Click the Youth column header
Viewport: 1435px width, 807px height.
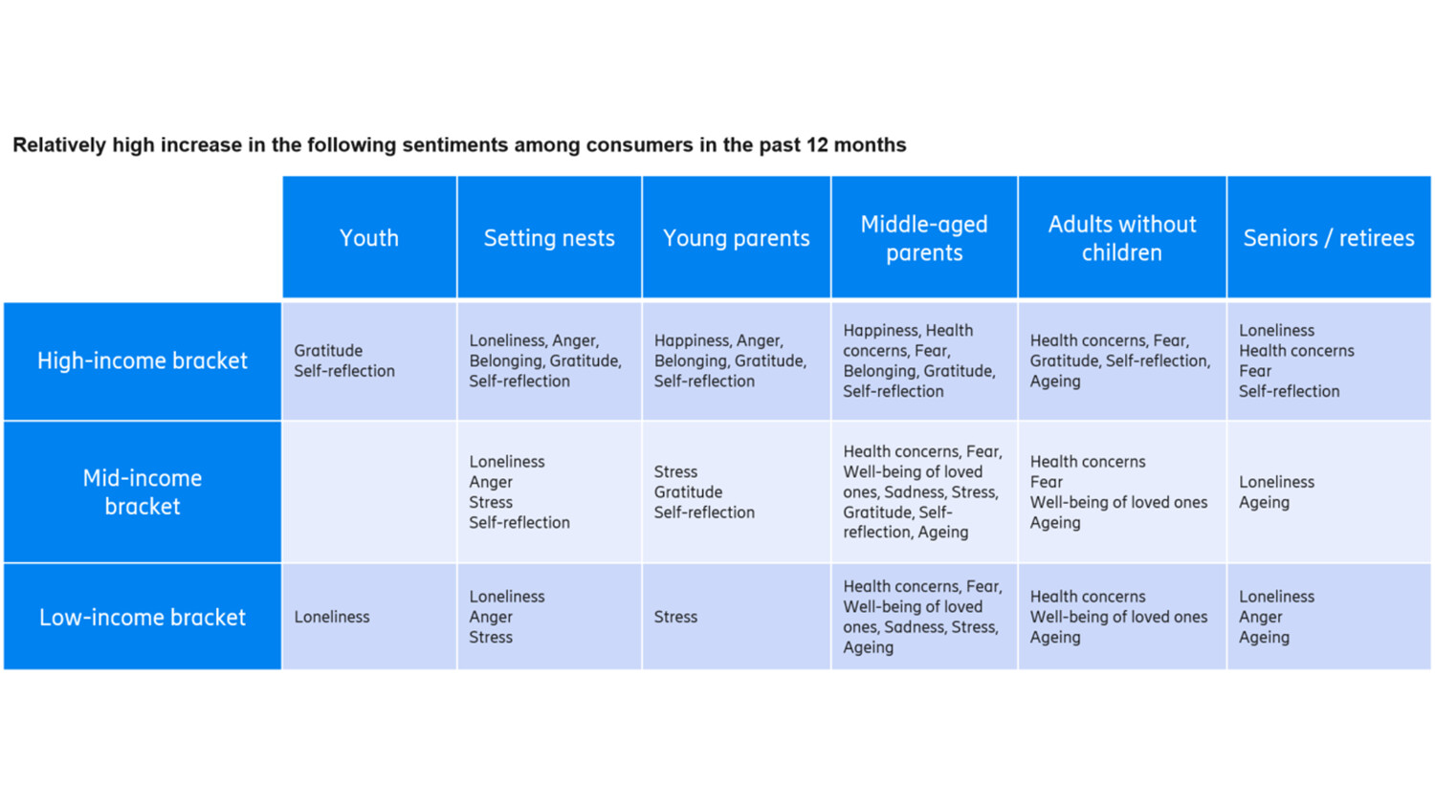coord(369,238)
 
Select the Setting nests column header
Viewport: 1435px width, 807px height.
coord(549,238)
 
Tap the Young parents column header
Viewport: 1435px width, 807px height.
coord(736,238)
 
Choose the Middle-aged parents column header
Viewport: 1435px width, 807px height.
coord(924,238)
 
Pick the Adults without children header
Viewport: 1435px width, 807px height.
coord(1121,238)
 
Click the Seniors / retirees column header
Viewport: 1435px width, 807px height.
coord(1328,238)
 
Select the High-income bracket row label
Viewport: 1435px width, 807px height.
coord(143,360)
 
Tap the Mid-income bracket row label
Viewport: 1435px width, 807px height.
coord(143,491)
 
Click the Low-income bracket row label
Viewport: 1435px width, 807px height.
coord(143,617)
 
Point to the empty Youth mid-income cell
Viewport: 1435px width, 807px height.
coord(369,491)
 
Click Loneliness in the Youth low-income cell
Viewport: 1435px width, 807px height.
coord(332,617)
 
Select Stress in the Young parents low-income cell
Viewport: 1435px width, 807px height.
coord(675,617)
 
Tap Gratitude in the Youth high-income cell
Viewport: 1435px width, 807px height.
coord(328,351)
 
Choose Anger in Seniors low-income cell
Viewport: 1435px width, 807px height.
coord(1260,617)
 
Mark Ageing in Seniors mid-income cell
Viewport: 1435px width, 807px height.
coord(1264,503)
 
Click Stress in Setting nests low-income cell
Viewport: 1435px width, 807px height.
coord(491,638)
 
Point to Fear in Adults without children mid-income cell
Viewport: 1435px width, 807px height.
coord(1047,482)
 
